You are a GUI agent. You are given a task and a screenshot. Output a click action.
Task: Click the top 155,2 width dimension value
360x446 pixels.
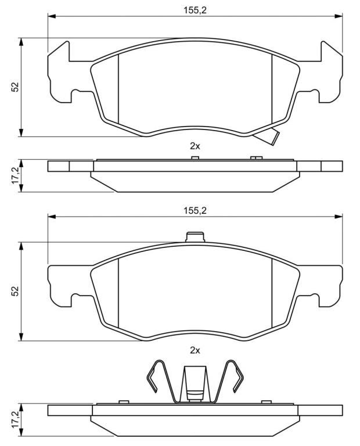tap(195, 10)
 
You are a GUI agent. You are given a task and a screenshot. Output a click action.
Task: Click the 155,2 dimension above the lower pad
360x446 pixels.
tap(195, 210)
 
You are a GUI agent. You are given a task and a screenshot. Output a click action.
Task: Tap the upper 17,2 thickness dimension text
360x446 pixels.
tap(15, 175)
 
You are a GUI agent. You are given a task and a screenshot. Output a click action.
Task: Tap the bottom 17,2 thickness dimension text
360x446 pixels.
tap(15, 420)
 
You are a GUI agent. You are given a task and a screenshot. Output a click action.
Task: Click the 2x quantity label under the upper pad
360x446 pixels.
tap(195, 146)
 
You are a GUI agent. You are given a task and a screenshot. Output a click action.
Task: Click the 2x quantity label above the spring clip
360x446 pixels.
tap(195, 350)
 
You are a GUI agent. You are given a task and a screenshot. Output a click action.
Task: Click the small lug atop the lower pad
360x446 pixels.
tap(195, 237)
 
